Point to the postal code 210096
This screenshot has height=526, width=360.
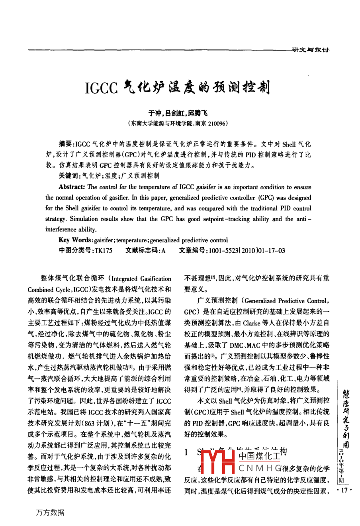coord(214,124)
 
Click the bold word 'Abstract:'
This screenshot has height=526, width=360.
coord(72,187)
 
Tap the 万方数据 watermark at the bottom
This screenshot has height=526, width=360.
coord(50,512)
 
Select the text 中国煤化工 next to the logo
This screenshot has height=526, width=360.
coord(258,455)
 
